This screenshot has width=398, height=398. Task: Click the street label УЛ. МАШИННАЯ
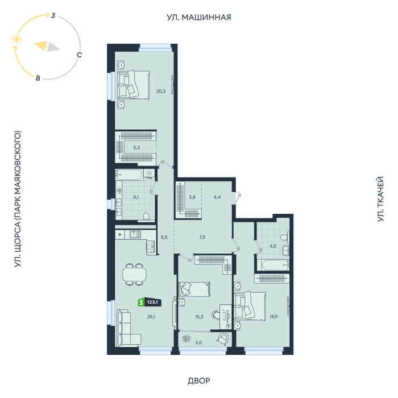[x=199, y=17]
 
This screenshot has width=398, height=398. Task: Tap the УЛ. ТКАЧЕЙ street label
[x=380, y=199]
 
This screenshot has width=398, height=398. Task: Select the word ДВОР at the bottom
[x=199, y=380]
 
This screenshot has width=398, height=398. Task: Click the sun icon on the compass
[x=16, y=39]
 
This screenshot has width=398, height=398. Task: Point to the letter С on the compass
[x=80, y=55]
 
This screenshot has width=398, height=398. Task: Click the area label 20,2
[x=161, y=91]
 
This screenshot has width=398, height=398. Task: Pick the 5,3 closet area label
[x=136, y=147]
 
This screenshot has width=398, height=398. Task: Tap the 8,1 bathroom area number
[x=136, y=197]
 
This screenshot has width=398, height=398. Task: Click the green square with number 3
[x=141, y=302]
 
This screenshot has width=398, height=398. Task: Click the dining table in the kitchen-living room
[x=134, y=275]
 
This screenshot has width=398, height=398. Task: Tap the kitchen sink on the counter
[x=135, y=234]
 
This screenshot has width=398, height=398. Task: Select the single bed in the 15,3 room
[x=194, y=289]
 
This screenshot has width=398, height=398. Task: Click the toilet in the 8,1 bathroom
[x=146, y=216]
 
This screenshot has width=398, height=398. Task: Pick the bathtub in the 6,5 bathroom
[x=273, y=266]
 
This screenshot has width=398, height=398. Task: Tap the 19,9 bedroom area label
[x=273, y=317]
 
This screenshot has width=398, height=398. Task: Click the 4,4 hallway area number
[x=217, y=197]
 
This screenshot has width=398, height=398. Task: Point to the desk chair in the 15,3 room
[x=215, y=315]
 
